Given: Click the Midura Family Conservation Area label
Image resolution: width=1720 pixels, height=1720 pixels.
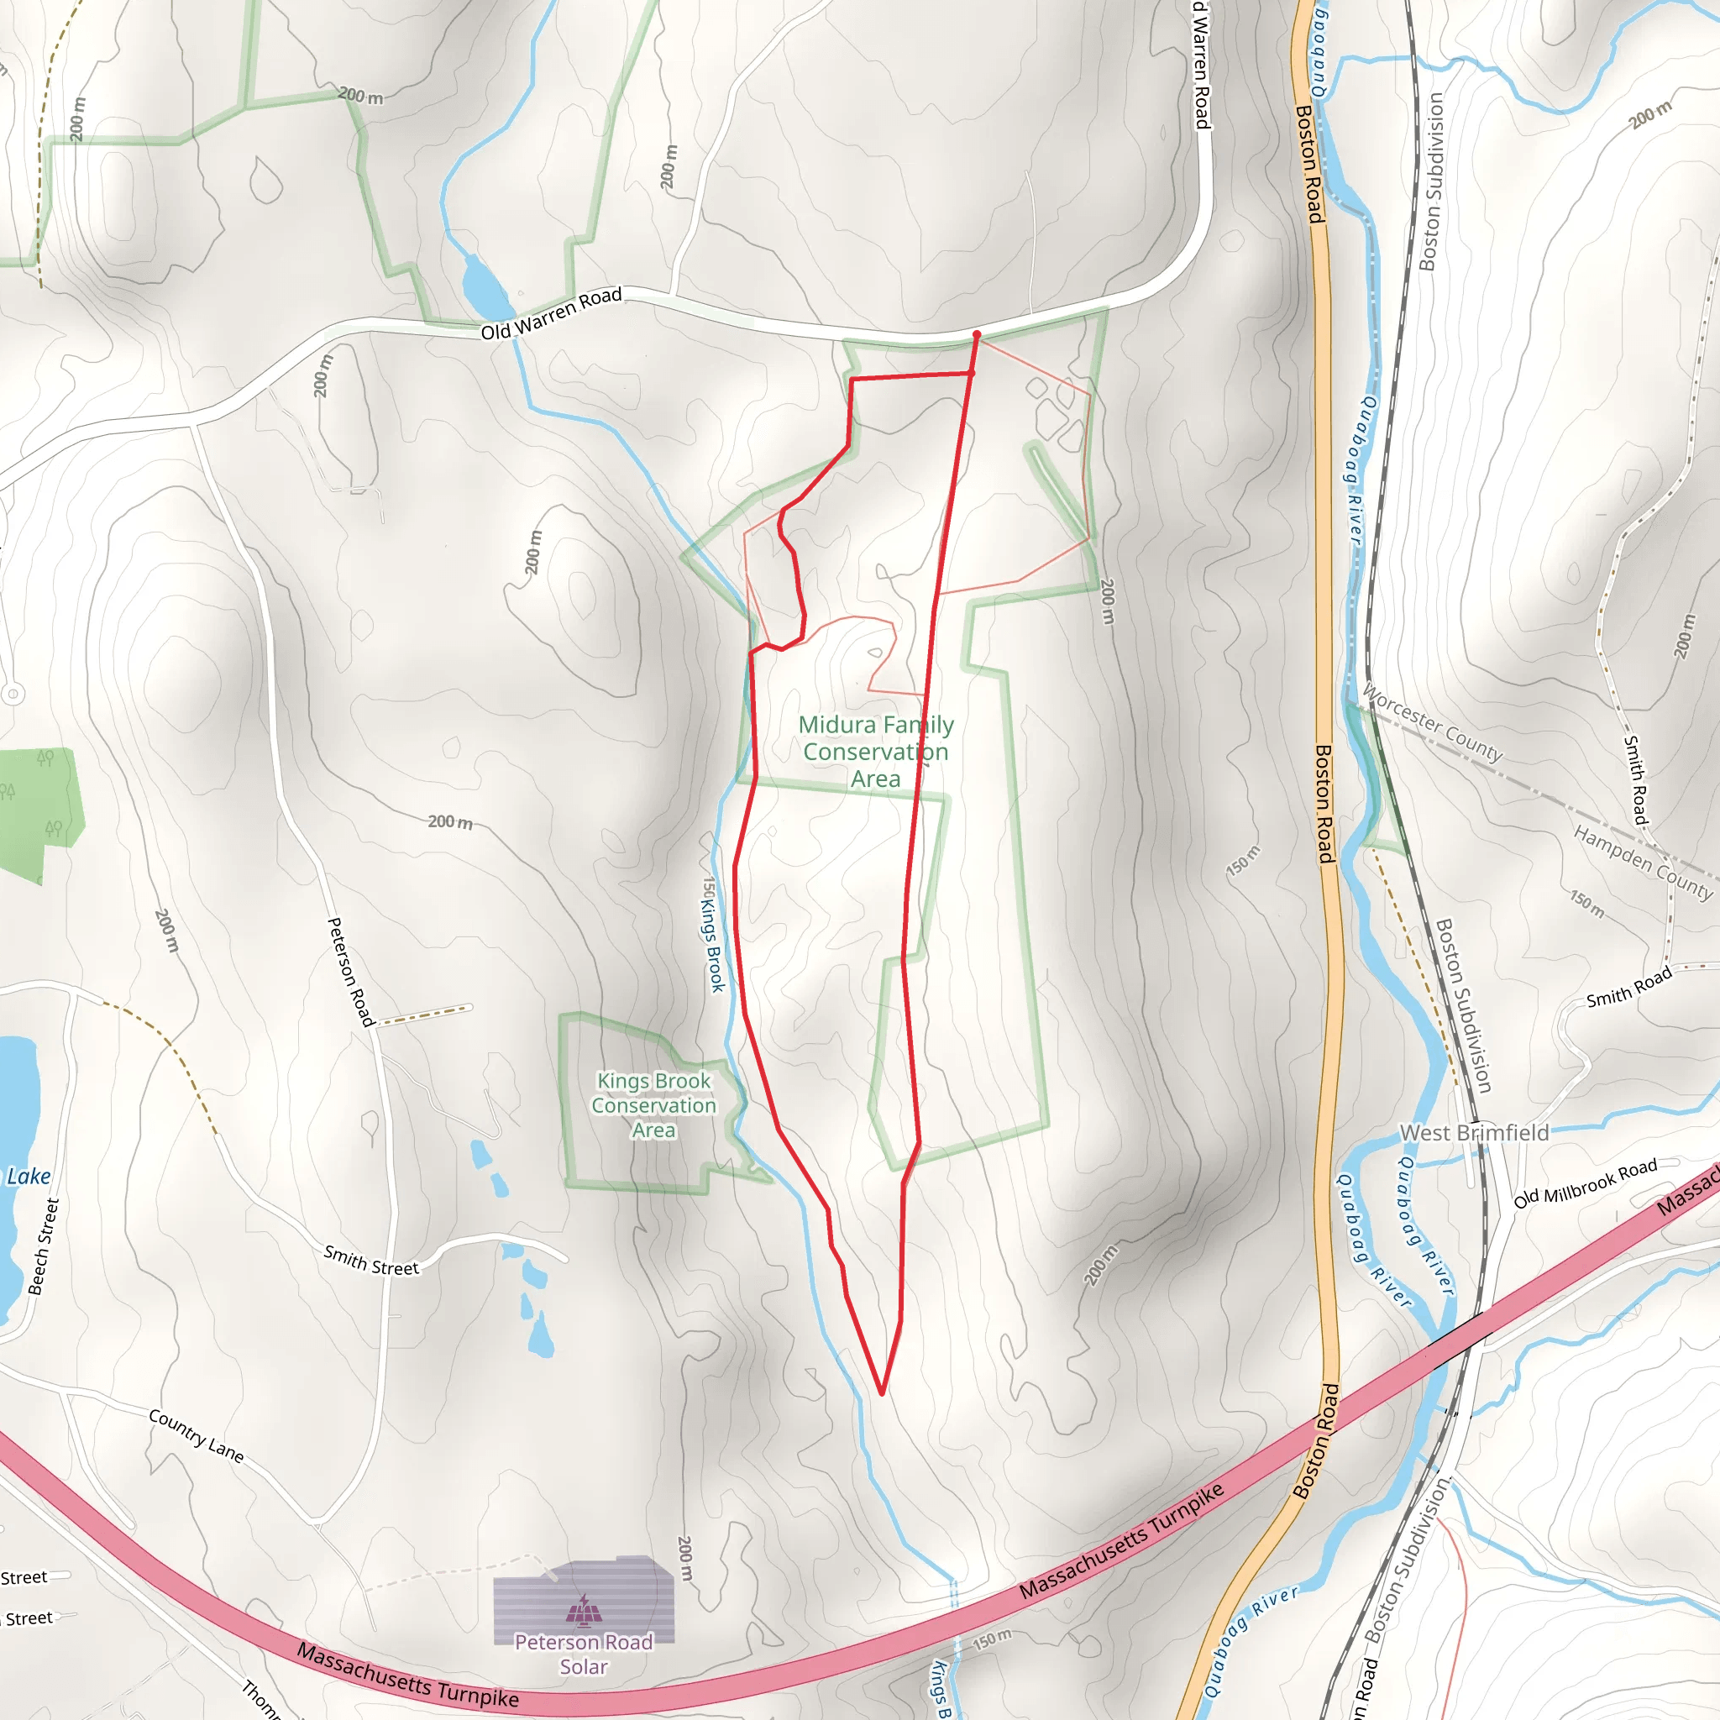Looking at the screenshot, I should point(875,752).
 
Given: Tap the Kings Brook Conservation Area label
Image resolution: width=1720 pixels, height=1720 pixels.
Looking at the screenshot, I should point(653,1105).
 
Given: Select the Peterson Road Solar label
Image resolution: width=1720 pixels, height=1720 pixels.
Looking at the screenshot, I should point(583,1653).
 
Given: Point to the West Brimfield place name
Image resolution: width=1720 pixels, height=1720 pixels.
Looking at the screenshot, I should point(1474,1132).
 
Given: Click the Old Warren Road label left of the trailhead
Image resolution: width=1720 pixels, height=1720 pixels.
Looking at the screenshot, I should point(551,313).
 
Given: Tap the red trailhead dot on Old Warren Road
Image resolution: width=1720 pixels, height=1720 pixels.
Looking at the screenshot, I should point(977,335).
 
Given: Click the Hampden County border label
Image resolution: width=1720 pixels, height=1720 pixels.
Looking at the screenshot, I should point(1643,862).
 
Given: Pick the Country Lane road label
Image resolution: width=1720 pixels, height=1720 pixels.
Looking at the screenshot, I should point(196,1435).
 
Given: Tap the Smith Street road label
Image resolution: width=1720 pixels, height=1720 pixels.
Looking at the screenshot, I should point(370,1261).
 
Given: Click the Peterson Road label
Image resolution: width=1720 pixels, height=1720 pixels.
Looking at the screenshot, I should point(351,972).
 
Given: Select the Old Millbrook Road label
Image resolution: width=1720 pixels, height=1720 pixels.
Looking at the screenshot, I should point(1586,1182).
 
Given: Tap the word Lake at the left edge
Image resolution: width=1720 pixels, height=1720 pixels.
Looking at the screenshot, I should point(29,1176).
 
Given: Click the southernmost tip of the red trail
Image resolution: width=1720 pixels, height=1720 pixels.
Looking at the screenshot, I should point(881,1393).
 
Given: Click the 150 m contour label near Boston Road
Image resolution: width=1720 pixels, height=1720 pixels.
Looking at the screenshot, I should point(1243,860).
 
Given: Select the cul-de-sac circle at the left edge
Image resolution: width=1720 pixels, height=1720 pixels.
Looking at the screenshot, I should point(13,694).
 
